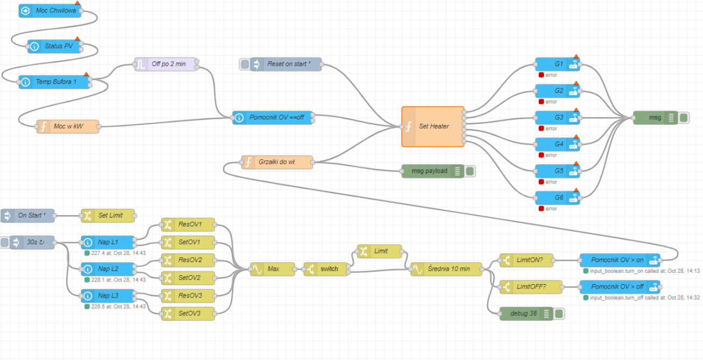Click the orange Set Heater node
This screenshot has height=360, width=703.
click(433, 126)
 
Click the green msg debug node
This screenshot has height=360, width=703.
click(655, 117)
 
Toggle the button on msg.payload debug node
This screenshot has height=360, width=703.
click(470, 171)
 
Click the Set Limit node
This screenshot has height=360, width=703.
click(108, 215)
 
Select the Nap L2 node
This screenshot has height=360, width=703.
click(107, 269)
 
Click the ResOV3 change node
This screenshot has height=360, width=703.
click(188, 295)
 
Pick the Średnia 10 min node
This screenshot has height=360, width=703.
click(446, 269)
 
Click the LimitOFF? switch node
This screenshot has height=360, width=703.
click(531, 286)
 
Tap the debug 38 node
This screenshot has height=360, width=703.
click(519, 313)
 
